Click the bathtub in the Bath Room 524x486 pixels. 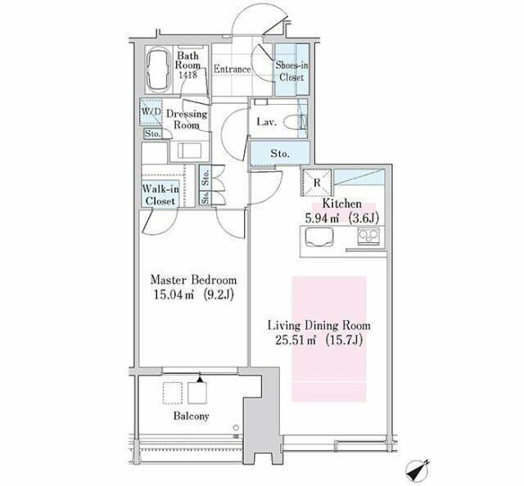[x=158, y=70]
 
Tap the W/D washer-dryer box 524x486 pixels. [x=151, y=111]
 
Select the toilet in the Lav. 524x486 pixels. [x=296, y=122]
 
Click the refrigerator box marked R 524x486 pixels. [x=317, y=182]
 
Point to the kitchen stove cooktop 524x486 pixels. [x=369, y=236]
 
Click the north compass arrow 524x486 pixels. [x=418, y=471]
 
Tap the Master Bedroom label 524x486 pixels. [x=193, y=280]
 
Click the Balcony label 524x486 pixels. [x=191, y=416]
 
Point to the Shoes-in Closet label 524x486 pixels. [x=291, y=71]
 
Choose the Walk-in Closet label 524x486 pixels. [x=160, y=195]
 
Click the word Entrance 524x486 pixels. [x=233, y=70]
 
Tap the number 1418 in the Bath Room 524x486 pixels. [x=187, y=74]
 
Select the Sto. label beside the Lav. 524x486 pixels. [x=280, y=154]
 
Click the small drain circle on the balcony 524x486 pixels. [x=237, y=428]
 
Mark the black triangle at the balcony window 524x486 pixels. [x=200, y=380]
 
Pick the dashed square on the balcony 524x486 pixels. [x=173, y=394]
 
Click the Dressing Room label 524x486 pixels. [x=187, y=119]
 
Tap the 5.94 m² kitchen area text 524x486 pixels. [x=322, y=218]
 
